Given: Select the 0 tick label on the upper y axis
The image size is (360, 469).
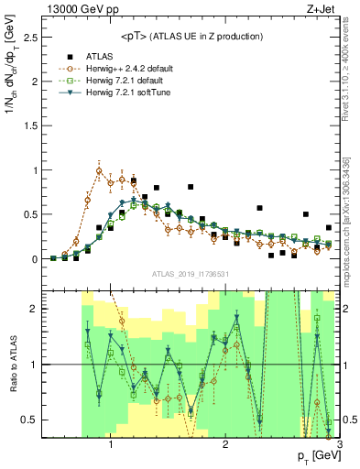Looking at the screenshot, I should (34, 259).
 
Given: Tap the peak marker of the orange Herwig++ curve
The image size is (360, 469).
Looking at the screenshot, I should (99, 170).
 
